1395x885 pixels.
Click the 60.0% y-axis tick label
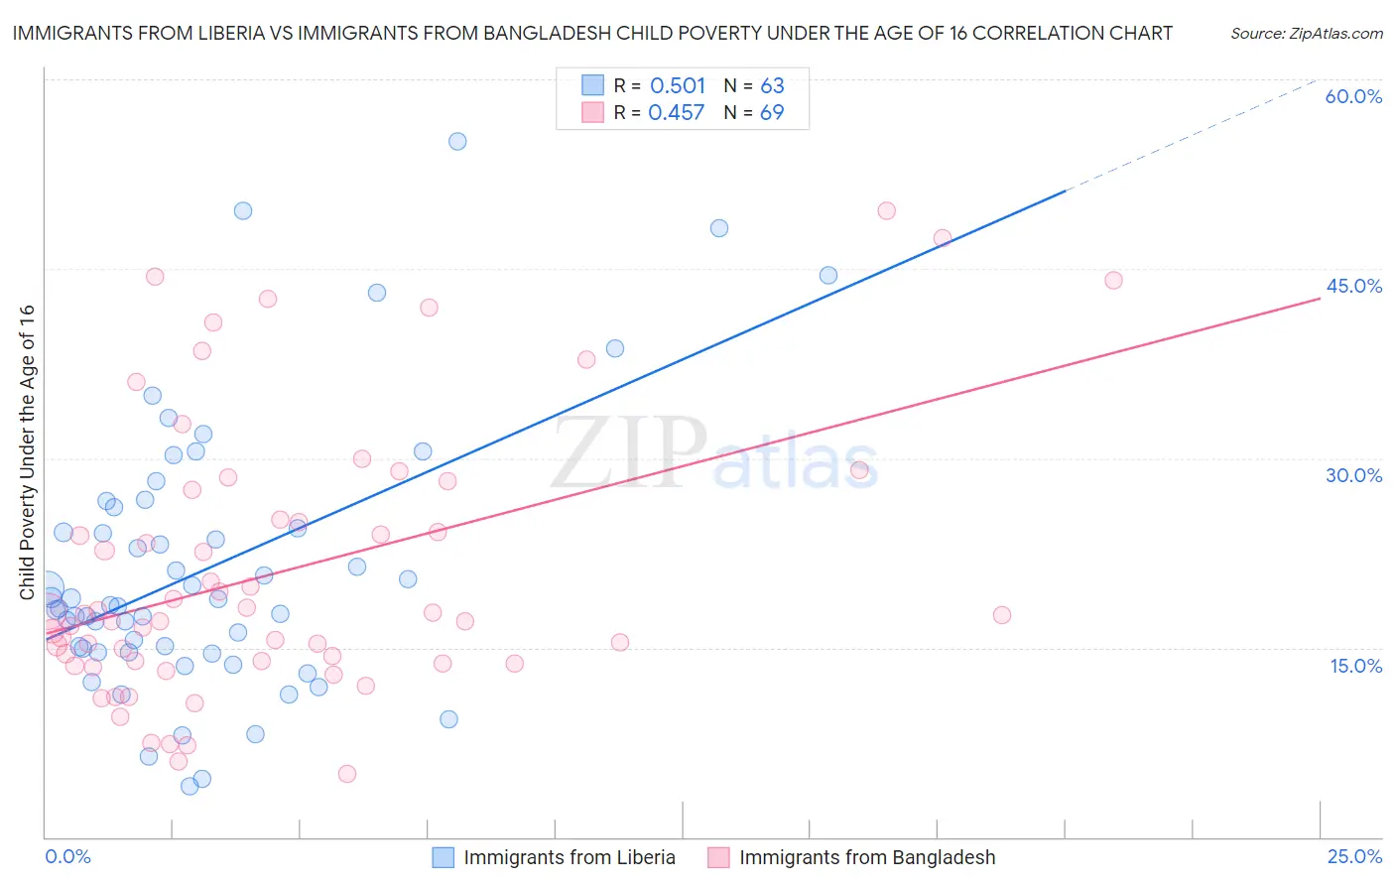[x=1353, y=96]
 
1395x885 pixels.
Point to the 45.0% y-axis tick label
[x=1353, y=286]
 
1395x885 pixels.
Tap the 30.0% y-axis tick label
[x=1353, y=475]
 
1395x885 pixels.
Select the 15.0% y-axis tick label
[x=1355, y=666]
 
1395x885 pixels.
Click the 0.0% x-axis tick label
[x=67, y=856]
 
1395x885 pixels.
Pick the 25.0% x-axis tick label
[x=1354, y=856]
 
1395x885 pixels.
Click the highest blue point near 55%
[x=457, y=142]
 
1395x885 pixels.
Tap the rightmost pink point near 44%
[x=1113, y=281]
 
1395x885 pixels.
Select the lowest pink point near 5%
[x=347, y=774]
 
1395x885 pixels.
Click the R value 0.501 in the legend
[x=678, y=85]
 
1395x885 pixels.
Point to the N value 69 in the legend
[x=772, y=113]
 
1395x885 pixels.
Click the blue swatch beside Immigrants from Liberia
[x=444, y=857]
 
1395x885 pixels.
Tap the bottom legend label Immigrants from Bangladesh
[x=866, y=857]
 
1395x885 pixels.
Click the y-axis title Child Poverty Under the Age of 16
[x=27, y=451]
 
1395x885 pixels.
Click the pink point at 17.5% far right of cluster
[x=1002, y=615]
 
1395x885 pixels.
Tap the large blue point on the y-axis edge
[x=46, y=587]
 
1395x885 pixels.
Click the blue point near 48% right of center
[x=719, y=228]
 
